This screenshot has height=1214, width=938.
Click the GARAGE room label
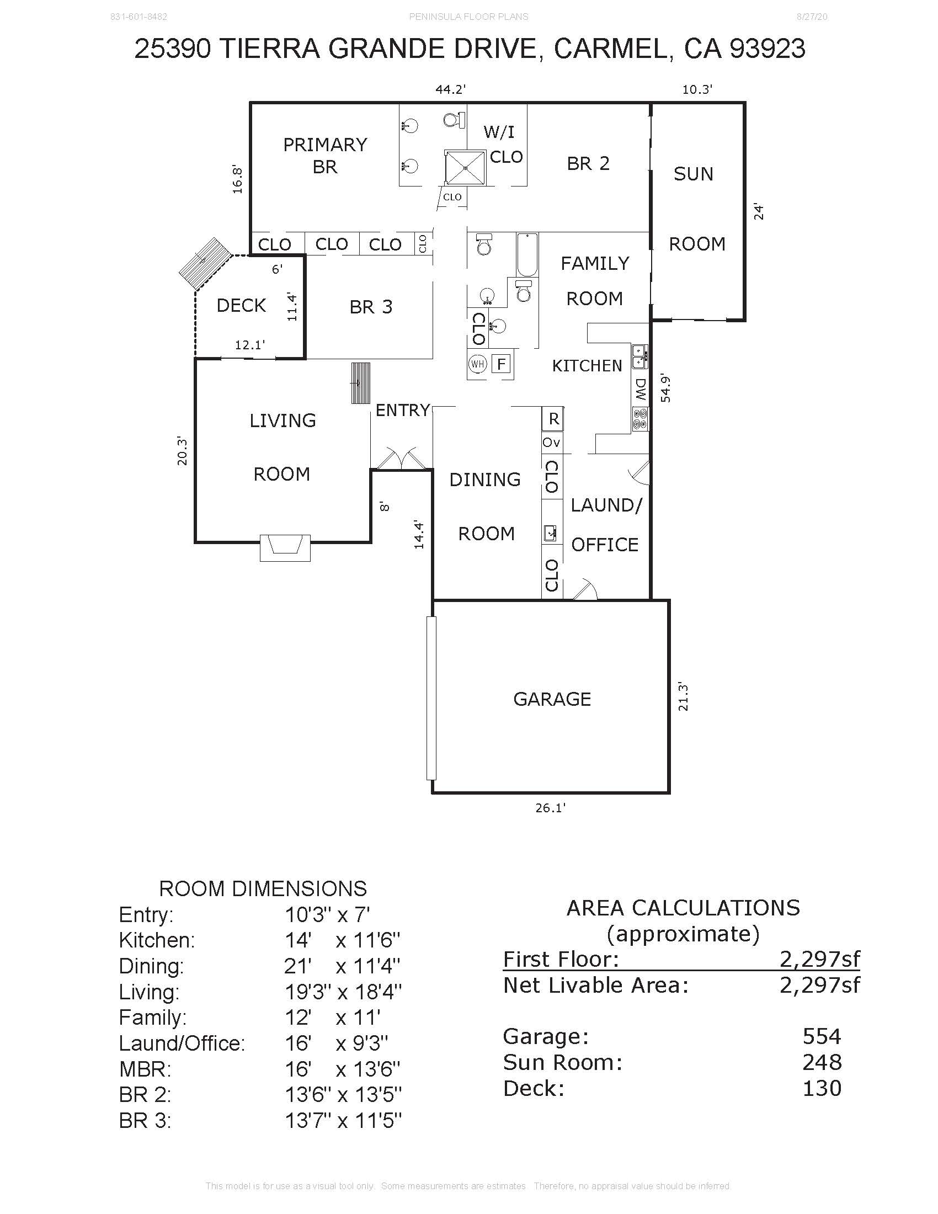point(552,699)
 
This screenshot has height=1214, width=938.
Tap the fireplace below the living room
point(285,547)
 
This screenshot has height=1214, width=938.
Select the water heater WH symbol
point(477,364)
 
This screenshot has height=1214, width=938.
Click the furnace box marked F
point(501,364)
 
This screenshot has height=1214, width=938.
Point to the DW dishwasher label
point(640,390)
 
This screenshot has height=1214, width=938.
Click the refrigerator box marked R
point(553,419)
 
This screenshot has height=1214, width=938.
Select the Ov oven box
point(551,443)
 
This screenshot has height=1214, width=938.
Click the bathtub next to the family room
point(527,255)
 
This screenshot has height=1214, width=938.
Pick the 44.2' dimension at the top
point(450,89)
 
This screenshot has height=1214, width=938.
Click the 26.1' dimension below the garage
point(550,808)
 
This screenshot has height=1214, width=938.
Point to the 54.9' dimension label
point(665,388)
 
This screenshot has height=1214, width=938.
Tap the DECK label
point(241,305)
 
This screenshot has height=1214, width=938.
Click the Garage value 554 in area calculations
point(822,1036)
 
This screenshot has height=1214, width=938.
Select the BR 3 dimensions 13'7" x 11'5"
point(343,1121)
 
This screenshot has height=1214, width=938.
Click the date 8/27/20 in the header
point(812,17)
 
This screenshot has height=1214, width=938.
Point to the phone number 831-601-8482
point(139,17)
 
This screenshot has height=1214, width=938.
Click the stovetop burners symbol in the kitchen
point(640,419)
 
